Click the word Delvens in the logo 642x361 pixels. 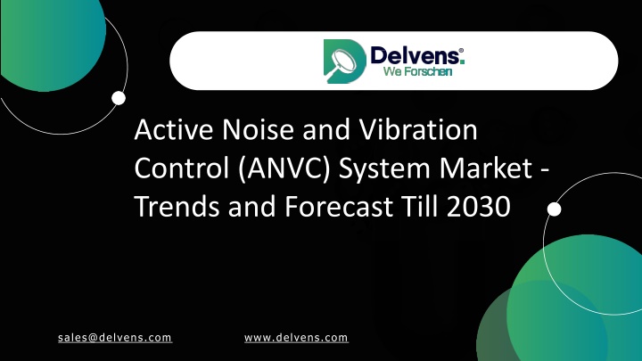tap(415, 55)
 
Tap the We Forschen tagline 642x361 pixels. tap(417, 71)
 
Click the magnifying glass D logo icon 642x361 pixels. tap(345, 61)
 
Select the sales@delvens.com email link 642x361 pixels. tap(115, 338)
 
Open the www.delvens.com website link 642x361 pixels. tap(296, 338)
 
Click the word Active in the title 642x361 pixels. tap(174, 129)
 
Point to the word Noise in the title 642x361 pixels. tap(258, 129)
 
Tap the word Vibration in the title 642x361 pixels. tap(418, 129)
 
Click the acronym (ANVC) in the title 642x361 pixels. tap(284, 168)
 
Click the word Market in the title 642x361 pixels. tap(486, 168)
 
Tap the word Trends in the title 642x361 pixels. tap(177, 206)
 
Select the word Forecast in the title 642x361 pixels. tap(339, 206)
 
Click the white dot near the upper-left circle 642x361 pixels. tap(119, 98)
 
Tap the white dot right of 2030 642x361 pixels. tap(554, 209)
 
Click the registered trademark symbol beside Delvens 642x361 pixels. tap(461, 50)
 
